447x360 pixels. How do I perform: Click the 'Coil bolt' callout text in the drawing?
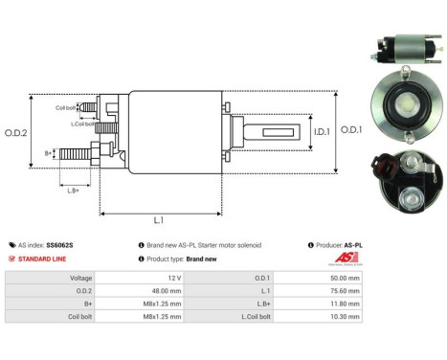point(66,107)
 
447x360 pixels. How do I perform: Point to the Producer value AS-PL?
point(351,245)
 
